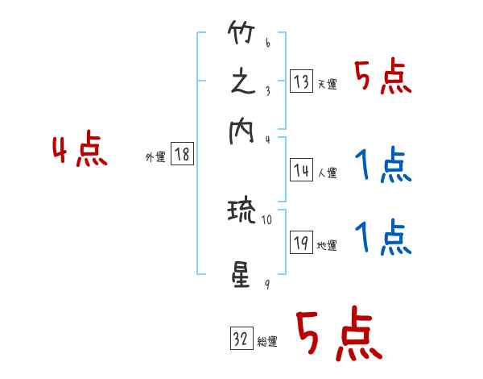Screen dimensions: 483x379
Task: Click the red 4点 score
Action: (x=79, y=151)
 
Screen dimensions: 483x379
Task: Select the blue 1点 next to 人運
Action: (x=383, y=167)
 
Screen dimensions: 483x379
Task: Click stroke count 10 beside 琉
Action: (x=266, y=219)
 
